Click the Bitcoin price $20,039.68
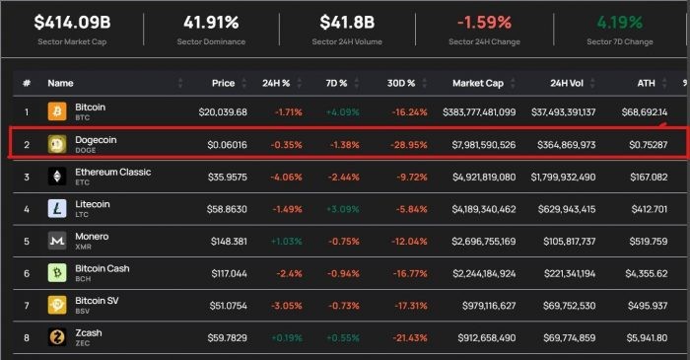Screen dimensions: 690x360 point(223,112)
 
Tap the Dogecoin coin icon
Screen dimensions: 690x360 point(57,144)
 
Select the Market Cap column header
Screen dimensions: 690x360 point(478,83)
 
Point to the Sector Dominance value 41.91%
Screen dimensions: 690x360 point(211,23)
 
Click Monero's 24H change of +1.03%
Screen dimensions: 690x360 point(287,242)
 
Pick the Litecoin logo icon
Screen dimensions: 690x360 point(57,209)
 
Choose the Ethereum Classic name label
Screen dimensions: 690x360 point(113,172)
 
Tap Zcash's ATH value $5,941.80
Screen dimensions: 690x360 point(647,338)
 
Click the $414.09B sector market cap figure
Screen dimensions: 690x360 point(72,23)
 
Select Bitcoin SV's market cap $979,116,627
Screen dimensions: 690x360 point(489,306)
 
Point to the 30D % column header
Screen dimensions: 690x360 point(401,83)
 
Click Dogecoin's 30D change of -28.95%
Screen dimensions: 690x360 point(409,145)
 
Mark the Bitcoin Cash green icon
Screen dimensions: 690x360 point(57,273)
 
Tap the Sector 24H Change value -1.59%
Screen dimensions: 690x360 point(484,23)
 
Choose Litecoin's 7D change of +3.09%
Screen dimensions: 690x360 point(343,209)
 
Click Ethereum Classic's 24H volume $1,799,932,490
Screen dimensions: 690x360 point(563,177)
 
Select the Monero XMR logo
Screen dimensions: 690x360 point(57,241)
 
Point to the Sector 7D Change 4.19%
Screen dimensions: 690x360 point(620,23)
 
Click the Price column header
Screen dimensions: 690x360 point(223,83)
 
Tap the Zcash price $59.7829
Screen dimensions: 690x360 point(227,338)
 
